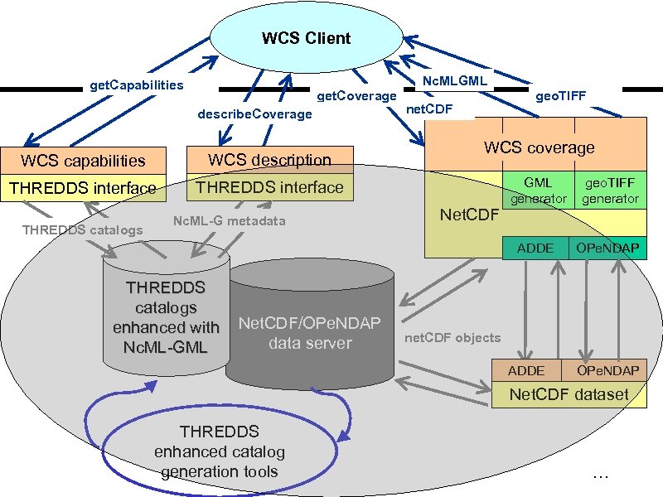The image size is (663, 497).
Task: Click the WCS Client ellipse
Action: pyautogui.click(x=306, y=38)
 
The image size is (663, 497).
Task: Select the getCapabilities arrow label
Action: pyautogui.click(x=136, y=85)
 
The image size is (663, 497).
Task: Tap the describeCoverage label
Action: pyautogui.click(x=254, y=113)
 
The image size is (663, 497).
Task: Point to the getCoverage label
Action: pyautogui.click(x=357, y=96)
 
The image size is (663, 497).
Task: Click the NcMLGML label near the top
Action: pyautogui.click(x=455, y=80)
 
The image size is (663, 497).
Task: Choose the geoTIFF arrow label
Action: pyautogui.click(x=560, y=96)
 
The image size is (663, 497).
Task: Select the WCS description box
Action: pyautogui.click(x=269, y=160)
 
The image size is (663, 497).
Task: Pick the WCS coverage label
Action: pyautogui.click(x=539, y=147)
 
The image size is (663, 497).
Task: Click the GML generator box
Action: pyautogui.click(x=538, y=191)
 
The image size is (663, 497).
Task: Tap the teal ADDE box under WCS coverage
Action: pyautogui.click(x=535, y=248)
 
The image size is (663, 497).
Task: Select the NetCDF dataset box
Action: pyautogui.click(x=569, y=394)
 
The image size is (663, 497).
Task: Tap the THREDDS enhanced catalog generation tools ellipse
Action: pyautogui.click(x=219, y=452)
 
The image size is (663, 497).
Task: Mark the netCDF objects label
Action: pyautogui.click(x=452, y=337)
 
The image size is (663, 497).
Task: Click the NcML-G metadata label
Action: pyautogui.click(x=229, y=220)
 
